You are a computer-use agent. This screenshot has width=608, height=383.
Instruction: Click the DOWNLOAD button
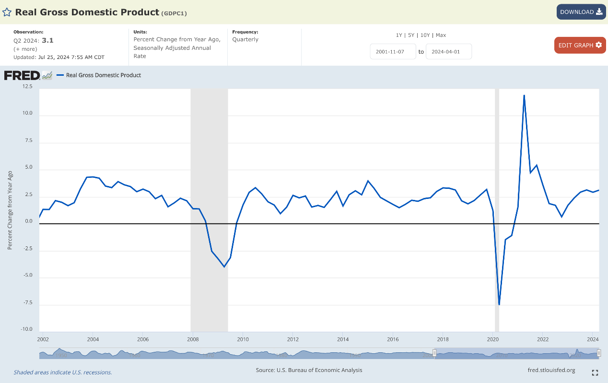pyautogui.click(x=581, y=12)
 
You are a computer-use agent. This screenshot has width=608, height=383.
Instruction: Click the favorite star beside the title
pyautogui.click(x=7, y=12)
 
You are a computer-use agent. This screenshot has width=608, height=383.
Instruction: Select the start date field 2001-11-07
pyautogui.click(x=393, y=52)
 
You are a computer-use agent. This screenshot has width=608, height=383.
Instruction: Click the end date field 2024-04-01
pyautogui.click(x=449, y=52)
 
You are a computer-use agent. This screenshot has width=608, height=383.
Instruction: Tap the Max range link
pyautogui.click(x=441, y=35)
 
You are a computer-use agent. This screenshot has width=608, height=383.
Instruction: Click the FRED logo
pyautogui.click(x=22, y=75)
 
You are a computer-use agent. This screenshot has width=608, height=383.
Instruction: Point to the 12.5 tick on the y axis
pyautogui.click(x=27, y=87)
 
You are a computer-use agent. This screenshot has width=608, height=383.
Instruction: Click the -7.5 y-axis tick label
pyautogui.click(x=27, y=302)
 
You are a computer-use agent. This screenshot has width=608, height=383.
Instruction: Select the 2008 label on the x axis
pyautogui.click(x=193, y=339)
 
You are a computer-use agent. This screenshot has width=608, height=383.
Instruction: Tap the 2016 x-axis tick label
pyautogui.click(x=393, y=339)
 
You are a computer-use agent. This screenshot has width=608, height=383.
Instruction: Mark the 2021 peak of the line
pyautogui.click(x=524, y=95)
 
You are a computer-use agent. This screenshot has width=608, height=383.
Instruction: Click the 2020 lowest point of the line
pyautogui.click(x=499, y=304)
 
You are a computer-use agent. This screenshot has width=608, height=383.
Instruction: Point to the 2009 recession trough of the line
pyautogui.click(x=224, y=267)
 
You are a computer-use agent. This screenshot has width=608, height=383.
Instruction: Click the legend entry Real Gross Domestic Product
pyautogui.click(x=103, y=75)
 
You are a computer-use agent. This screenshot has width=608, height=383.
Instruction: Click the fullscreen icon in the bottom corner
pyautogui.click(x=595, y=372)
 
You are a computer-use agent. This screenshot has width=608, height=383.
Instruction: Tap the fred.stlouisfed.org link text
pyautogui.click(x=551, y=370)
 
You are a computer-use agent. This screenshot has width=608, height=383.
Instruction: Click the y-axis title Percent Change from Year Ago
pyautogui.click(x=10, y=210)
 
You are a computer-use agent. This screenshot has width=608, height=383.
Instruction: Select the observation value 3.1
pyautogui.click(x=47, y=41)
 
